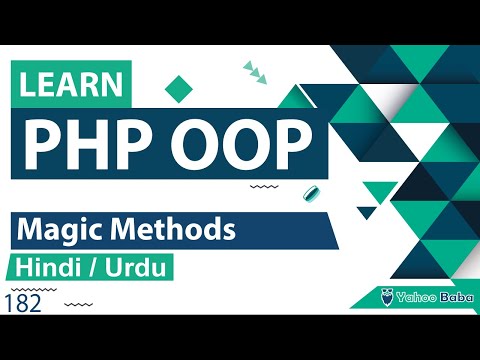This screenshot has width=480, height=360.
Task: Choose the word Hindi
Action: [49, 268]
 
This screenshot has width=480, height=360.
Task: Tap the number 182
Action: [23, 304]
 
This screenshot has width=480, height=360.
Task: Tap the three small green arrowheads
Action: [255, 70]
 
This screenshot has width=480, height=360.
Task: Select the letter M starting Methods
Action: [116, 230]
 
